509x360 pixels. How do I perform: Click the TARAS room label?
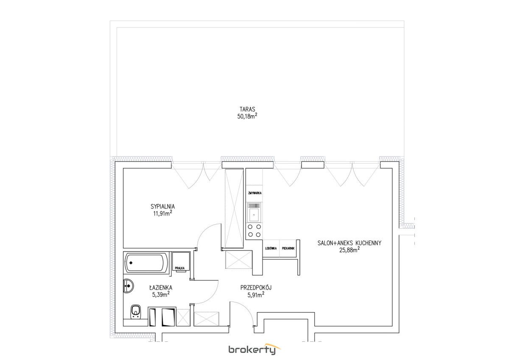click(247, 109)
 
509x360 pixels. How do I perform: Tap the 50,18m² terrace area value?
click(247, 116)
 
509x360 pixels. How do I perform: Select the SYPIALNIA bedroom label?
click(162, 207)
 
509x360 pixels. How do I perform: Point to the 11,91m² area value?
click(162, 213)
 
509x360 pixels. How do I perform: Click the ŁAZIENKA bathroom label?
click(161, 287)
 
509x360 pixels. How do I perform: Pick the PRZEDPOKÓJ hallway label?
click(256, 287)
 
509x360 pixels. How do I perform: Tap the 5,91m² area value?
click(256, 295)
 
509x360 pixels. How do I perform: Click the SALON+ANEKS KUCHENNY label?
click(349, 243)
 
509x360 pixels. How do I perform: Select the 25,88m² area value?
click(349, 250)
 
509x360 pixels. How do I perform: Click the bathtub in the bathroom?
click(147, 262)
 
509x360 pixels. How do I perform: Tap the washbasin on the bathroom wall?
click(128, 286)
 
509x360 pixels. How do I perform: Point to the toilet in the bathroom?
click(136, 312)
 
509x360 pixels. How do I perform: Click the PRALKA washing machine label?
click(179, 268)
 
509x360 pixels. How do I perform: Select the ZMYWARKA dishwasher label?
click(255, 193)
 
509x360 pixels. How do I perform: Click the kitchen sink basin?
click(254, 215)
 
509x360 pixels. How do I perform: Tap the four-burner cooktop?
click(254, 231)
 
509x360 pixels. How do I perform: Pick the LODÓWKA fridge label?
click(271, 248)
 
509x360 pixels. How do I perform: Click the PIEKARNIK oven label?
click(288, 248)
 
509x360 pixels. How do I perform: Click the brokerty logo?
click(254, 349)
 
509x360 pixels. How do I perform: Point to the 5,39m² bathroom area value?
click(161, 295)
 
